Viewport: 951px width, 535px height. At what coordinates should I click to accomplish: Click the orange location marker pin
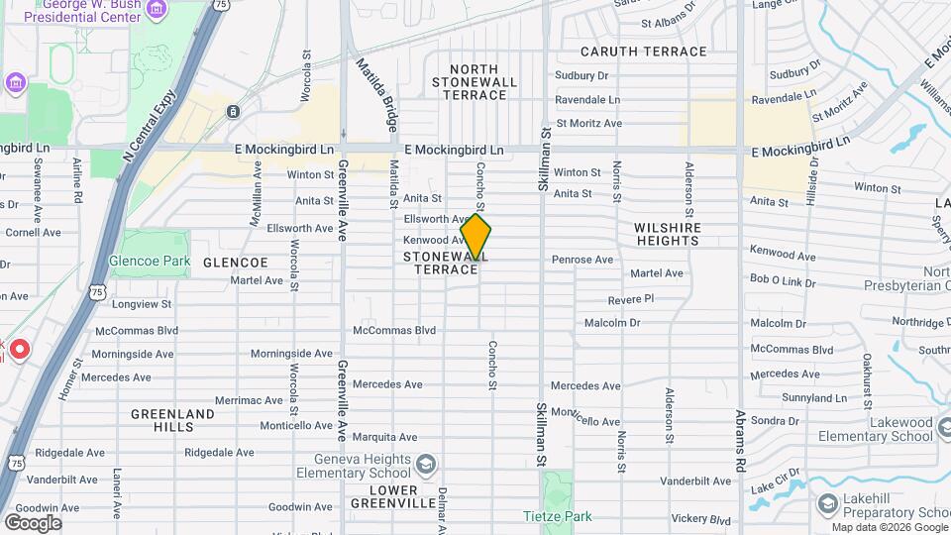(475, 238)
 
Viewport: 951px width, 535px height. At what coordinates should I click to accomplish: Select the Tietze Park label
(556, 516)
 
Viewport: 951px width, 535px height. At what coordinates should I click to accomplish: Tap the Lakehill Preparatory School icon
(824, 504)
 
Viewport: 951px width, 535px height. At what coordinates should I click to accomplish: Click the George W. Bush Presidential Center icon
(156, 9)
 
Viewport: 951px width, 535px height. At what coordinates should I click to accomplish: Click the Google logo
(33, 523)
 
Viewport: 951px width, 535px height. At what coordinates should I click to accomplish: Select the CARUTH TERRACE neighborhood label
(644, 52)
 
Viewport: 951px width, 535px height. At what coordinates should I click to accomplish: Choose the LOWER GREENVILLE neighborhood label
(393, 497)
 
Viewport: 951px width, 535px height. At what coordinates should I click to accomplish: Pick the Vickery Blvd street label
(700, 518)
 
